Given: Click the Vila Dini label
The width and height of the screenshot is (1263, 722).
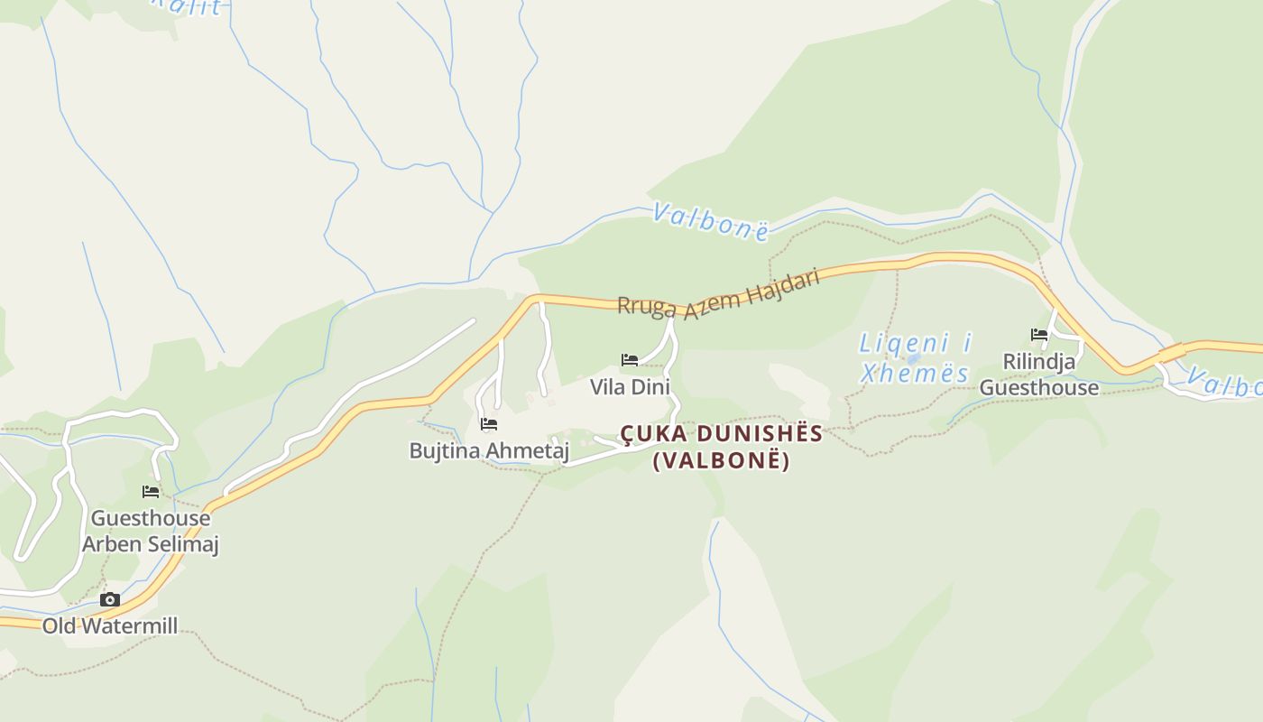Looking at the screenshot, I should (630, 387).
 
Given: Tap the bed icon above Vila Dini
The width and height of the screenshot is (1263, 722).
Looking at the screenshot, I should (630, 360).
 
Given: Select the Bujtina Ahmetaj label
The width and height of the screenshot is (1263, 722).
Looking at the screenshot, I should (489, 449).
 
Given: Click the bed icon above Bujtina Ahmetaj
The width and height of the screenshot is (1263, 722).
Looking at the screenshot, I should (489, 423).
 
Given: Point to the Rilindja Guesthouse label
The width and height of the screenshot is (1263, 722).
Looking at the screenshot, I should (1039, 375).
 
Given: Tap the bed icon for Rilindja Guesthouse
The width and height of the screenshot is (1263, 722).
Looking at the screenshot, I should (1039, 335).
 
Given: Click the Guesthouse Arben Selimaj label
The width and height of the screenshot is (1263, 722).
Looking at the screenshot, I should (151, 531).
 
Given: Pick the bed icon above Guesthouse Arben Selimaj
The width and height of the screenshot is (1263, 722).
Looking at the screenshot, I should (151, 492).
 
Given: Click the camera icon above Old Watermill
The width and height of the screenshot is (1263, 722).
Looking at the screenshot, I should (110, 600).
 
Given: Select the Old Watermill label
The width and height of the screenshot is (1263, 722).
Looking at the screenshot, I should (110, 625).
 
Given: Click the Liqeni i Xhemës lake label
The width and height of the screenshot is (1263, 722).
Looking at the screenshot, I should (915, 357).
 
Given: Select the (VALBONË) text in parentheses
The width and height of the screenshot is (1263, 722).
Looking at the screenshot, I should (721, 460).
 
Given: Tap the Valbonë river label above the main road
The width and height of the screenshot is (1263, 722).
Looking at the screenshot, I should (711, 221).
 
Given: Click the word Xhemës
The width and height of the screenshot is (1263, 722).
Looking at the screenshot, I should (915, 373).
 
